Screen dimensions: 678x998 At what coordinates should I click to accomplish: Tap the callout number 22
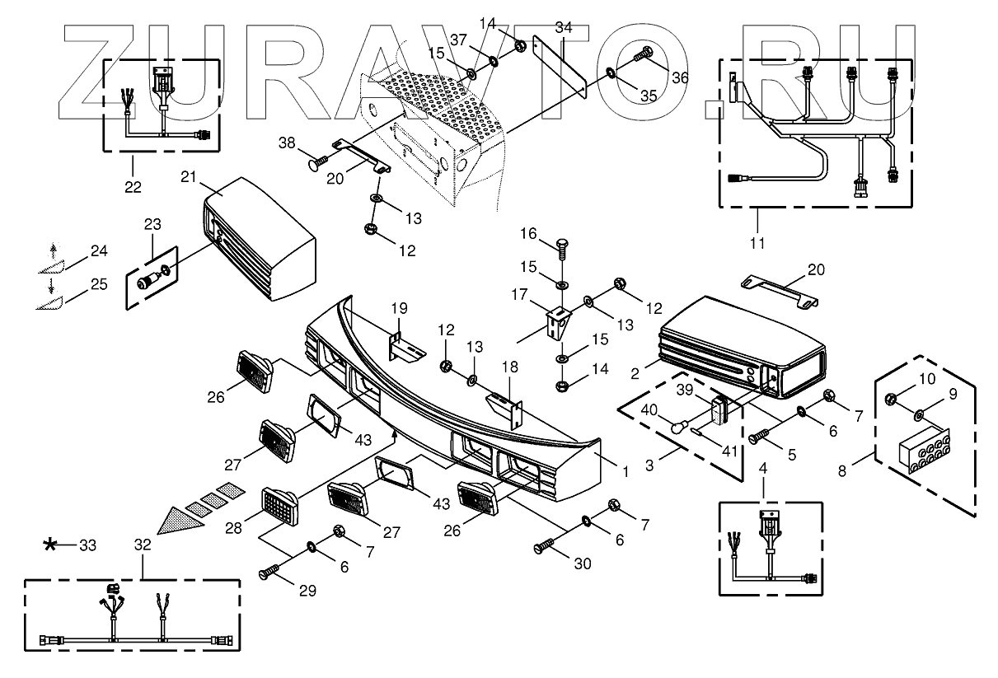point(133,187)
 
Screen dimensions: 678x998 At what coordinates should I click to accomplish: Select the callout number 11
point(757,243)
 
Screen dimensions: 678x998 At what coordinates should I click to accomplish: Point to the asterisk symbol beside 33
point(51,545)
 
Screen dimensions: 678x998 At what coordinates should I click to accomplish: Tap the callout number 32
point(142,545)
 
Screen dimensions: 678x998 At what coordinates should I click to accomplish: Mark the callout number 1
point(626,471)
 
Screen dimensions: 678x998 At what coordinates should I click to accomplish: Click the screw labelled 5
point(759,438)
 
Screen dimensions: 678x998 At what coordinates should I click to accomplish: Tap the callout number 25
point(99,285)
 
